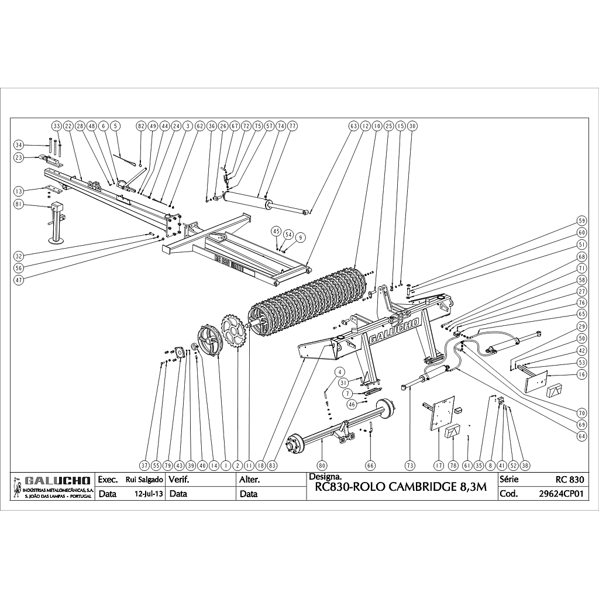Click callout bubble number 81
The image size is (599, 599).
click(x=19, y=204)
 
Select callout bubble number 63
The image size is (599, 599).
click(x=353, y=126)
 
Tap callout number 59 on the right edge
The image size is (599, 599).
click(x=581, y=221)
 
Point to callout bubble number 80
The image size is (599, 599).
click(x=321, y=465)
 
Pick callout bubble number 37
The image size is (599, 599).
click(x=144, y=465)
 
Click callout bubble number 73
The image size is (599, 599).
click(x=409, y=465)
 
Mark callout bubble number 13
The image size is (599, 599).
click(x=19, y=191)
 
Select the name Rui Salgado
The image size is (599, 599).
click(x=144, y=479)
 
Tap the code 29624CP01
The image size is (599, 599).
click(x=562, y=493)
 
